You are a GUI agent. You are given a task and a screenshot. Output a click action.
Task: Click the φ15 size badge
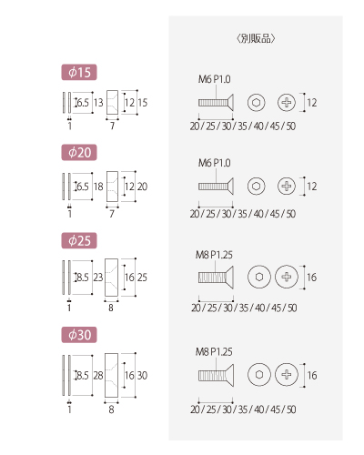pyautogui.click(x=79, y=72)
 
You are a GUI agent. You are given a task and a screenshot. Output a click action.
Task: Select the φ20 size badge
pyautogui.click(x=79, y=152)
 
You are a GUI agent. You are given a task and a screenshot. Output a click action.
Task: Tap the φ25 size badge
pyautogui.click(x=79, y=240)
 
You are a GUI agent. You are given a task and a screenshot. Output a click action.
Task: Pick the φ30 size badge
pyautogui.click(x=79, y=335)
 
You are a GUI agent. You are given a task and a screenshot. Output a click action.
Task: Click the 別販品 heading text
pyautogui.click(x=256, y=38)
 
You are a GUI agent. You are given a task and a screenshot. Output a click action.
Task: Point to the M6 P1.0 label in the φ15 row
pyautogui.click(x=215, y=79)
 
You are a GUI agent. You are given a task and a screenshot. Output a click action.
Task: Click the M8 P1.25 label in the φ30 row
pyautogui.click(x=214, y=352)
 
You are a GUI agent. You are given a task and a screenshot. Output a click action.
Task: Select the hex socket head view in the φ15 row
pyautogui.click(x=257, y=103)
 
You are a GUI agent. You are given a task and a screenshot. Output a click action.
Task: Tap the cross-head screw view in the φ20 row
pyautogui.click(x=287, y=186)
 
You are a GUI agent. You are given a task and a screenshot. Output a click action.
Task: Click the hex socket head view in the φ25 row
pyautogui.click(x=259, y=277)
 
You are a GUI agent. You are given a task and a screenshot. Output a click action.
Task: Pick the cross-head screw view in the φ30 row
pyautogui.click(x=287, y=375)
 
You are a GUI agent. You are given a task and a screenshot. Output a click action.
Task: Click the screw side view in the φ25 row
pyautogui.click(x=216, y=278)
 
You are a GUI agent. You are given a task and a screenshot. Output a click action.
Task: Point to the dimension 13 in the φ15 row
pyautogui.click(x=98, y=103)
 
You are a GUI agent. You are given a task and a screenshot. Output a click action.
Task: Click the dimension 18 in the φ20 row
pyautogui.click(x=98, y=187)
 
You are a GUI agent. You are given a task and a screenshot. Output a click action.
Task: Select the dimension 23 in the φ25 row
pyautogui.click(x=98, y=278)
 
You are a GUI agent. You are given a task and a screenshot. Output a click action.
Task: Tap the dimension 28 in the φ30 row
pyautogui.click(x=98, y=376)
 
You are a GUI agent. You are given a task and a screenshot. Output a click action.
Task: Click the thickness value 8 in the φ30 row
pyautogui.click(x=111, y=409)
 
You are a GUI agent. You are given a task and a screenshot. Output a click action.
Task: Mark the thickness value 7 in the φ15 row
pyautogui.click(x=112, y=126)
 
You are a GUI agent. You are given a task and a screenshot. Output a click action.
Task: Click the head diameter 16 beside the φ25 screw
pyautogui.click(x=312, y=278)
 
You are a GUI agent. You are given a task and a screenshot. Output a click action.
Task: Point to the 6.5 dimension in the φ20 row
pyautogui.click(x=83, y=187)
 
